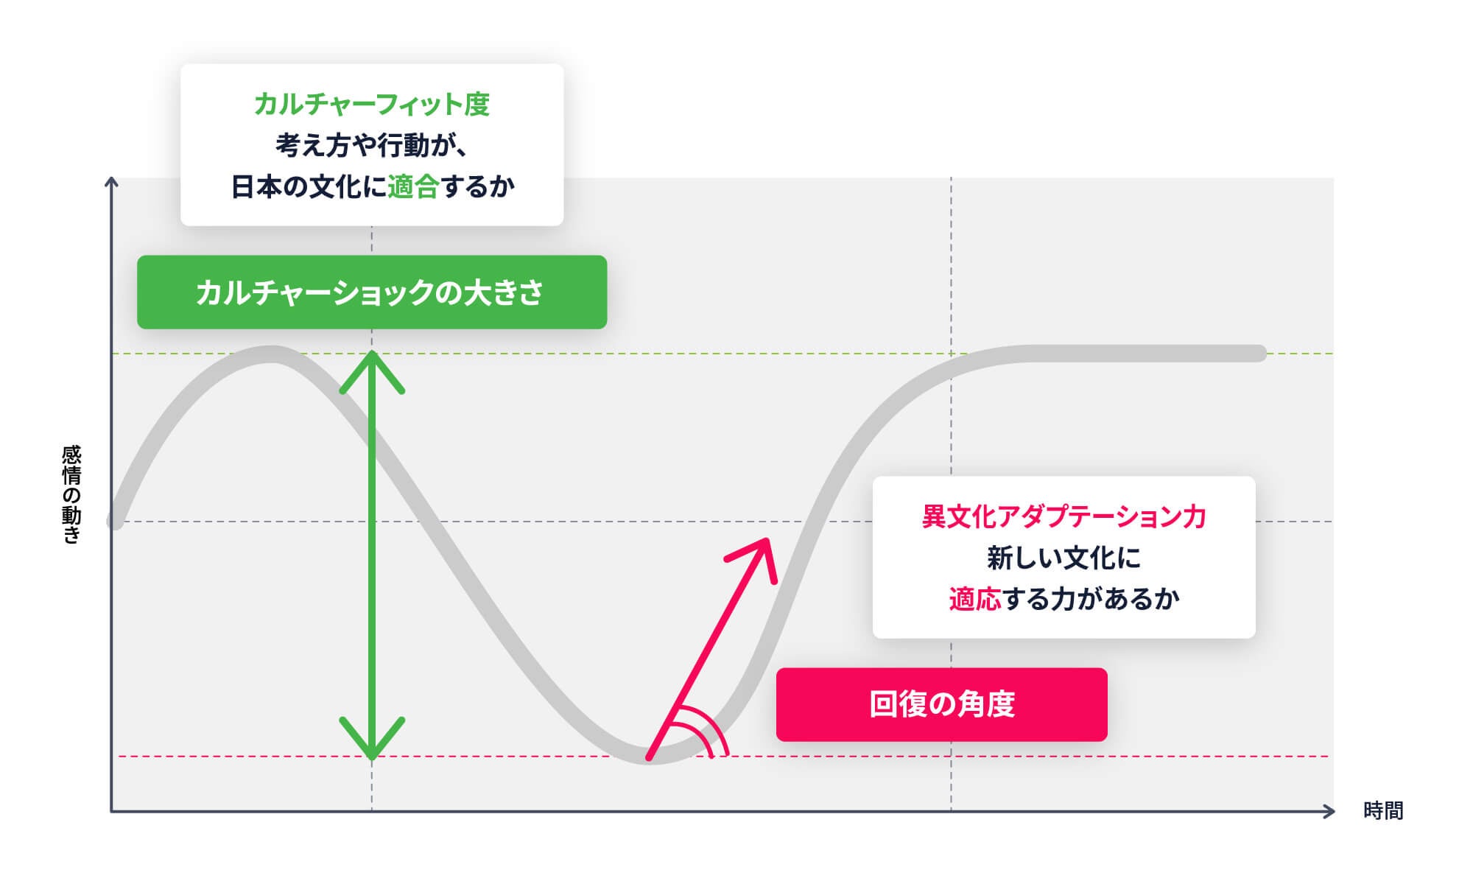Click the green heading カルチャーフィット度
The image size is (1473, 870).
point(371,105)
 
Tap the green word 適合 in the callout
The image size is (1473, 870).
point(412,187)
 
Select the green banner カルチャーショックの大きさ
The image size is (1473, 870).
point(371,292)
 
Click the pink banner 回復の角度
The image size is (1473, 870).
point(941,704)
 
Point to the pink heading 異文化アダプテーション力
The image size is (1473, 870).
point(1064,517)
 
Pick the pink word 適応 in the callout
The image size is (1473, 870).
point(974,600)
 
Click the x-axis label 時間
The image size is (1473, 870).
point(1382,811)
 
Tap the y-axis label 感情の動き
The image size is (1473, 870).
point(71,494)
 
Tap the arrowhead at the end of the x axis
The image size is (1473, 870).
point(1329,811)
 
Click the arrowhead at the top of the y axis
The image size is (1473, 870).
point(111,183)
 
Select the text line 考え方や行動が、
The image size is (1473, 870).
point(371,146)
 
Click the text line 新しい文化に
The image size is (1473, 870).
point(1064,558)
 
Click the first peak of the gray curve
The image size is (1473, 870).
point(271,354)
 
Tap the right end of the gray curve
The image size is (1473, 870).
point(1259,354)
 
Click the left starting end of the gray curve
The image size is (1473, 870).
point(115,522)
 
